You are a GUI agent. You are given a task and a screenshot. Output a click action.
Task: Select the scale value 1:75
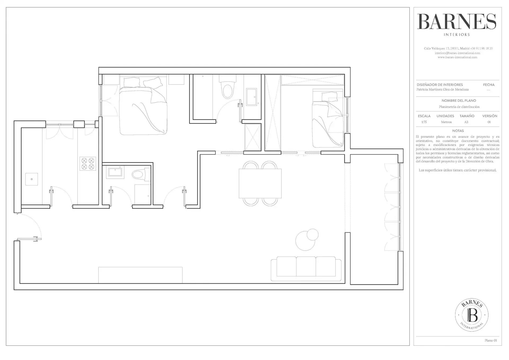click(x=424, y=122)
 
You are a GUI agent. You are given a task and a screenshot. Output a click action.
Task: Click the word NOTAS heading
click(x=458, y=131)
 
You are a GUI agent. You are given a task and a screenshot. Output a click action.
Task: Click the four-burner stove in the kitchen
click(x=88, y=163)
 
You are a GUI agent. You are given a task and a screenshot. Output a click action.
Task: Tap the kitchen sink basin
click(x=32, y=179)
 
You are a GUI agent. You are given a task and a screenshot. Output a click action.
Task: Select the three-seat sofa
click(x=306, y=269)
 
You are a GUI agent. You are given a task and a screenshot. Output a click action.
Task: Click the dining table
click(x=260, y=183)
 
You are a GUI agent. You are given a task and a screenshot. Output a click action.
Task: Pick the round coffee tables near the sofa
click(x=307, y=240)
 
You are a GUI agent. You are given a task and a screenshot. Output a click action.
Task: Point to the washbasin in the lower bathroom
click(x=115, y=171)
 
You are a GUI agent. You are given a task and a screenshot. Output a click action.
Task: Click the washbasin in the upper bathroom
click(x=251, y=97)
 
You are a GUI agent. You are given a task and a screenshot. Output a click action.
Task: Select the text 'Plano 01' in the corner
click(x=491, y=348)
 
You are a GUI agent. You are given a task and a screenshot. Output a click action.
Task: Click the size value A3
click(x=466, y=122)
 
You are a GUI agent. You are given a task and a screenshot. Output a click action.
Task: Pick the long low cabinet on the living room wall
click(x=140, y=275)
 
